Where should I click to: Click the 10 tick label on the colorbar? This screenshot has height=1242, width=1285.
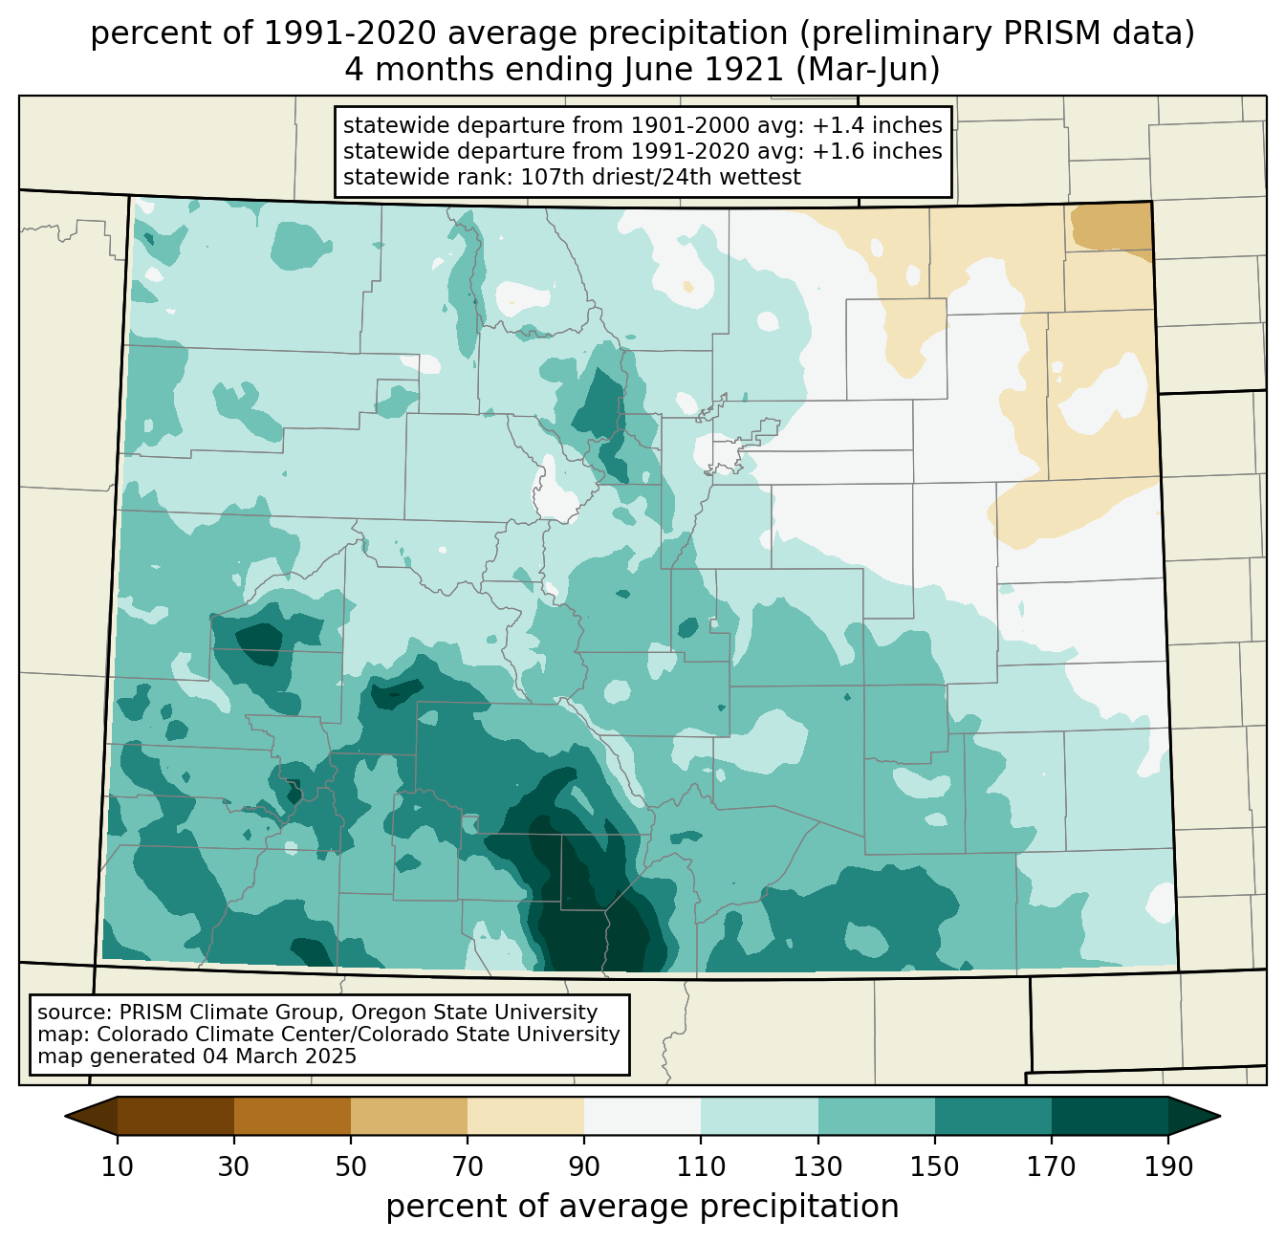click(x=118, y=1167)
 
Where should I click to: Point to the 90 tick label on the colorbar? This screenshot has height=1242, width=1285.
click(x=584, y=1167)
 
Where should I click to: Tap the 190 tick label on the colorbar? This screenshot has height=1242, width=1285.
click(x=1167, y=1167)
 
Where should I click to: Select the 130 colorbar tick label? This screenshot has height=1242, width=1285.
click(x=817, y=1167)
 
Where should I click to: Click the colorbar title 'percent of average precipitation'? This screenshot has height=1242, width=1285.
click(x=642, y=1207)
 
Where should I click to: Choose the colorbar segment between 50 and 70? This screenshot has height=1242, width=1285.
click(x=409, y=1116)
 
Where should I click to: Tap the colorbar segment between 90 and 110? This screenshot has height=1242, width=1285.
click(x=642, y=1116)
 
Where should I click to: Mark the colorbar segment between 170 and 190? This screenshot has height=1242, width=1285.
click(x=1109, y=1116)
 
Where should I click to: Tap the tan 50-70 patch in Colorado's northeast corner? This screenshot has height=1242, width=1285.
click(x=1109, y=227)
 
